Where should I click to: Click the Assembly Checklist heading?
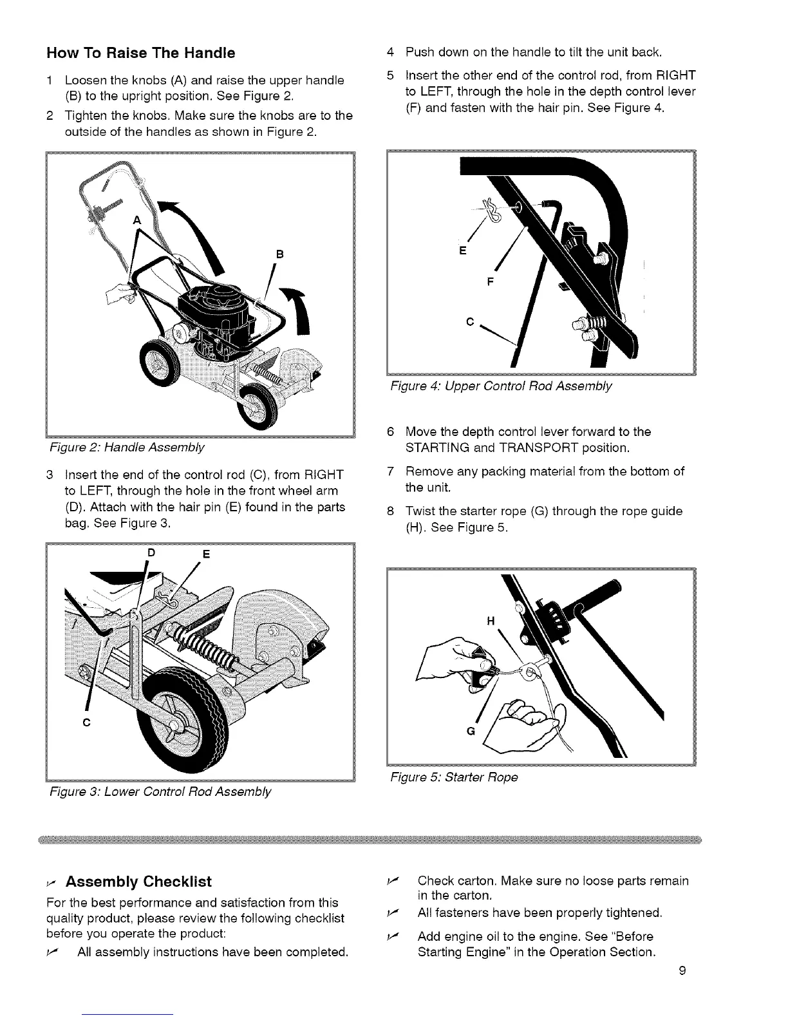pyautogui.click(x=138, y=881)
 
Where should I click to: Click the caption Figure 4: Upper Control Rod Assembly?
pyautogui.click(x=502, y=386)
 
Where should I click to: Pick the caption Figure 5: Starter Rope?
pyautogui.click(x=454, y=777)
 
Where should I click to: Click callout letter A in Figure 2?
pyautogui.click(x=135, y=220)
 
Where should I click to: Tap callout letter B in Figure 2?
pyautogui.click(x=280, y=252)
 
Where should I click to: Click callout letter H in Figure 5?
pyautogui.click(x=491, y=621)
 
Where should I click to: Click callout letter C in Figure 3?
pyautogui.click(x=85, y=721)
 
